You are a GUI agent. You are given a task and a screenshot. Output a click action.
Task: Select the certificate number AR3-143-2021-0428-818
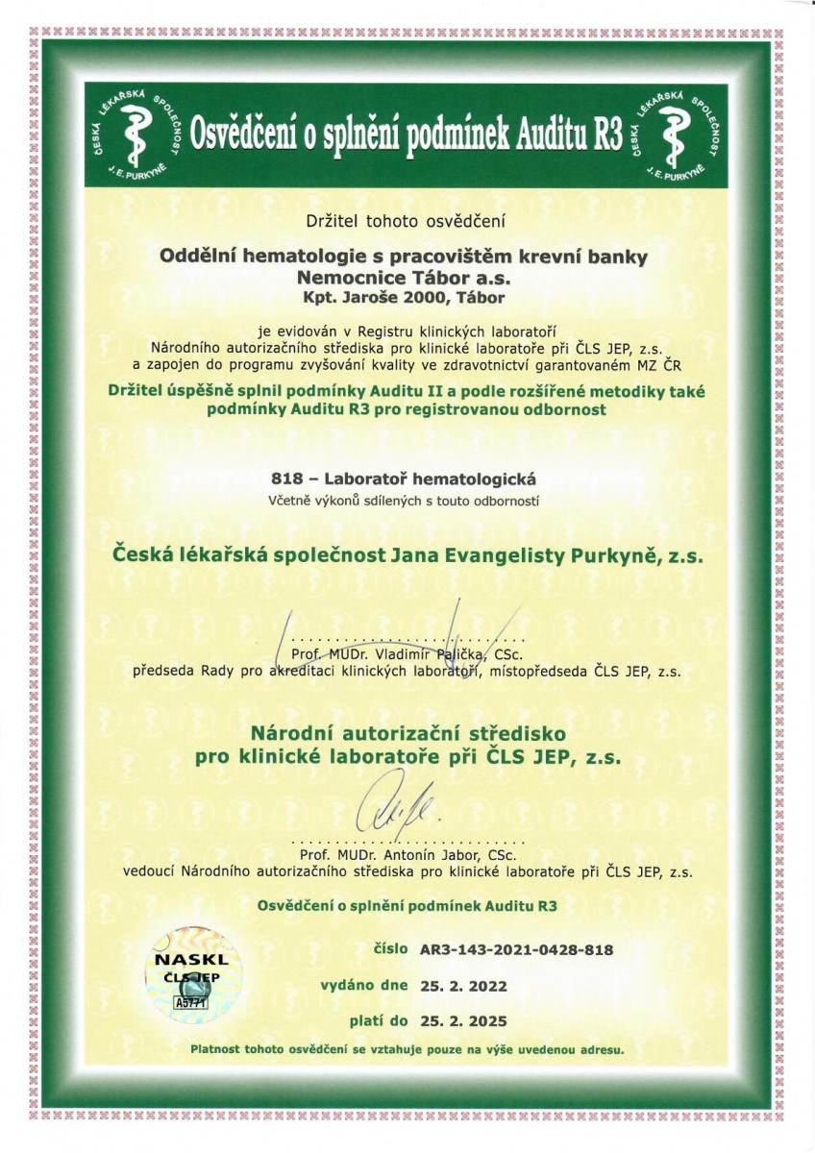(516, 950)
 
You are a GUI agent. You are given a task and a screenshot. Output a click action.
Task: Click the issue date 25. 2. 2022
(462, 986)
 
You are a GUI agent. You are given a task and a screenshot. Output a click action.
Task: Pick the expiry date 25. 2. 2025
(462, 1020)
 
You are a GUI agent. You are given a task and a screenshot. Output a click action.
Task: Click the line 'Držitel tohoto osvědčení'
(407, 221)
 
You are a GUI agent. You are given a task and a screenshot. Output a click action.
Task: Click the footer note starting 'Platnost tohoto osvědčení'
(407, 1049)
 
